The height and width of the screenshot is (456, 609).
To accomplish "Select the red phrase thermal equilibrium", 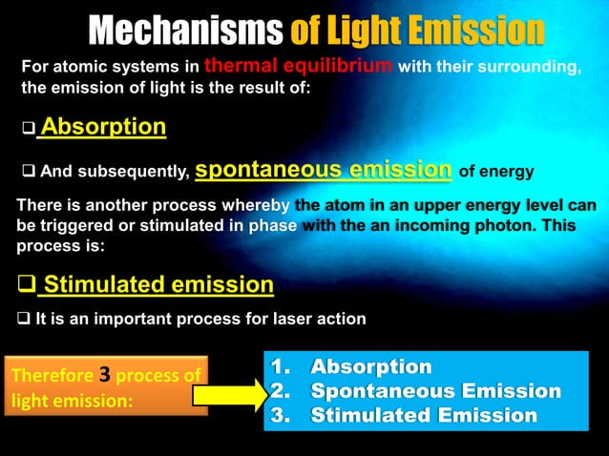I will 299,66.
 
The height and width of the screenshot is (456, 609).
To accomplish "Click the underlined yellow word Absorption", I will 103,127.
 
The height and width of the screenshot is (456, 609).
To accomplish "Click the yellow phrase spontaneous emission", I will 323,170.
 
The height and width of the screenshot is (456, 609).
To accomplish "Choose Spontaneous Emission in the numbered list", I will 415,391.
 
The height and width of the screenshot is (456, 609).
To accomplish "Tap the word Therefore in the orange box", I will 52,376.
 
